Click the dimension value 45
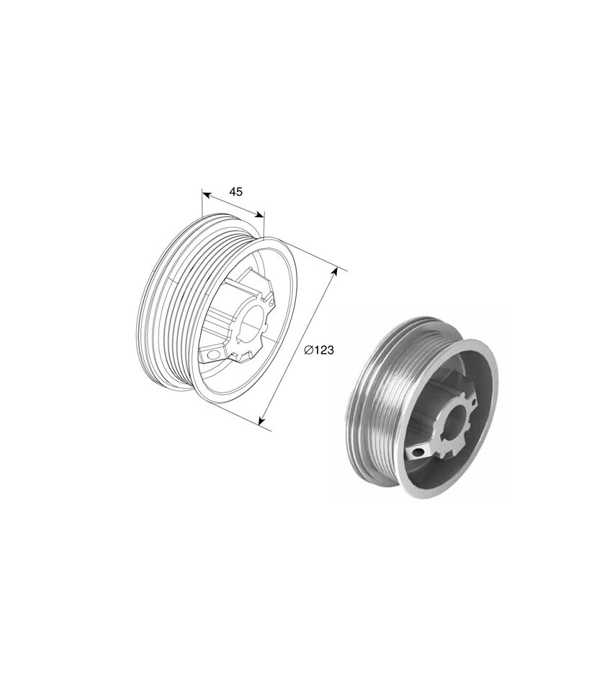point(236,192)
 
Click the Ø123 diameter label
point(319,350)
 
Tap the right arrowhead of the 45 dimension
point(259,214)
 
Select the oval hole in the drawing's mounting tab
point(212,354)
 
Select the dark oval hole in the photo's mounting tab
point(418,453)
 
